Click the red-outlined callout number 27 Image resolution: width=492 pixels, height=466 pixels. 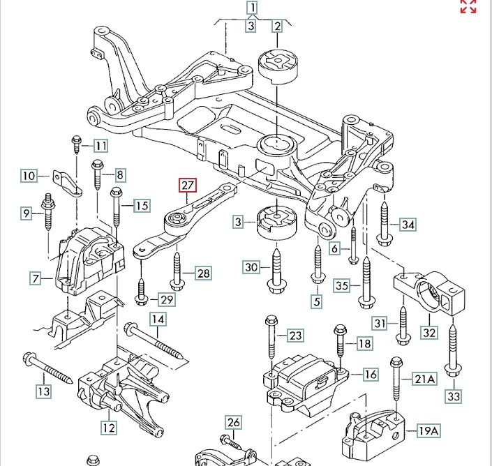pos(187,185)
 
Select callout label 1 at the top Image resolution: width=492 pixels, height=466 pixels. pos(253,8)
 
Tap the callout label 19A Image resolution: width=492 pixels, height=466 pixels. pos(428,431)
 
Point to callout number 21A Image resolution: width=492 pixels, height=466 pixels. pos(424,379)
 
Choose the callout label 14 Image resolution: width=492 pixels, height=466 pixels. pos(158,320)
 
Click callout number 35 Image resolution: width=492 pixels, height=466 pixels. pos(342,285)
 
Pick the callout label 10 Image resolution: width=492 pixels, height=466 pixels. pos(29,175)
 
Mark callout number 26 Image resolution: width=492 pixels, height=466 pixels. pos(234,423)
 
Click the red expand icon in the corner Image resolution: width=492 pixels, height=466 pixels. pos(468,6)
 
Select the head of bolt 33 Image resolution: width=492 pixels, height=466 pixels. pos(453,370)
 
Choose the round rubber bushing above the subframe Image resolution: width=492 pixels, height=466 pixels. pos(277,66)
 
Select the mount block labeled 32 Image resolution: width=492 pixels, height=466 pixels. pos(429,292)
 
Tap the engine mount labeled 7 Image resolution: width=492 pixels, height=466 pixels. pos(89,262)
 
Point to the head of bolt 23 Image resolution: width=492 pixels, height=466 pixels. pos(271,320)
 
